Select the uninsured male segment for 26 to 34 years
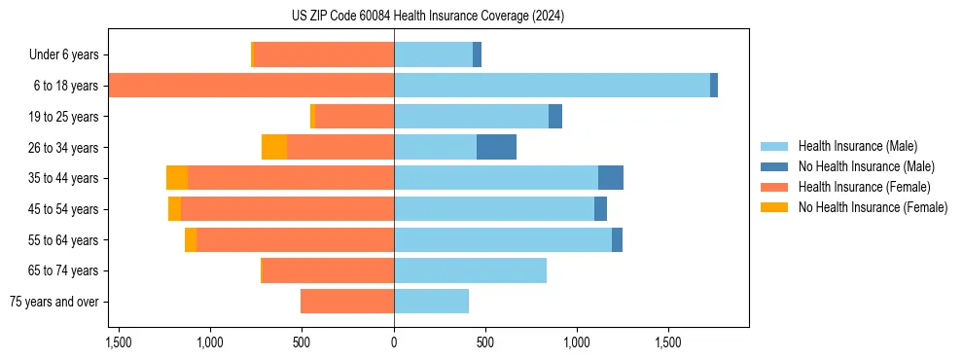pos(496,147)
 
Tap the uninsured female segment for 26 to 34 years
pos(274,147)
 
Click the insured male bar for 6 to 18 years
pos(552,86)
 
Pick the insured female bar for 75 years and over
pos(347,302)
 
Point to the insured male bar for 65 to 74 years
pos(470,270)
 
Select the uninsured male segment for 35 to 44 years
pos(611,178)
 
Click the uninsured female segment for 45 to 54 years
pos(174,209)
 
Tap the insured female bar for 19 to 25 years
pos(354,117)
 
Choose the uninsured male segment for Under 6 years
pos(477,54)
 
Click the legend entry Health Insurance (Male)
pos(857,146)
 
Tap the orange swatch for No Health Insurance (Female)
pos(774,207)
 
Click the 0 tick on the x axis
pos(394,343)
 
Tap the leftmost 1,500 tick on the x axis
pos(119,343)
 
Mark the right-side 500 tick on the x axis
pos(485,343)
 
